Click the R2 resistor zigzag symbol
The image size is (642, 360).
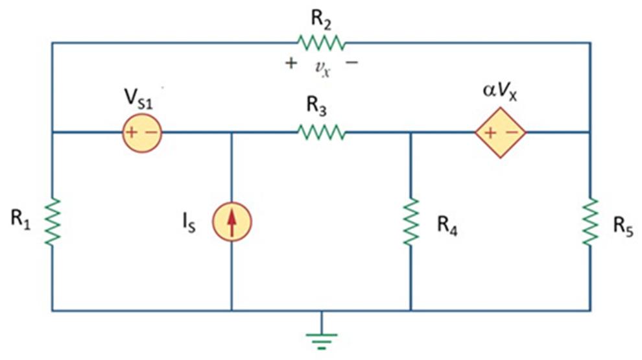click(321, 43)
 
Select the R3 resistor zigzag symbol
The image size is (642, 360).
click(321, 133)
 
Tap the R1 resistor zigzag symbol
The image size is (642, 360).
click(53, 221)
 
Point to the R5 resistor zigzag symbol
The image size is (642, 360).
click(590, 221)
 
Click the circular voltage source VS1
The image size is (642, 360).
click(141, 133)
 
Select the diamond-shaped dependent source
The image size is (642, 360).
click(500, 133)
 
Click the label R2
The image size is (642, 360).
click(321, 18)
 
